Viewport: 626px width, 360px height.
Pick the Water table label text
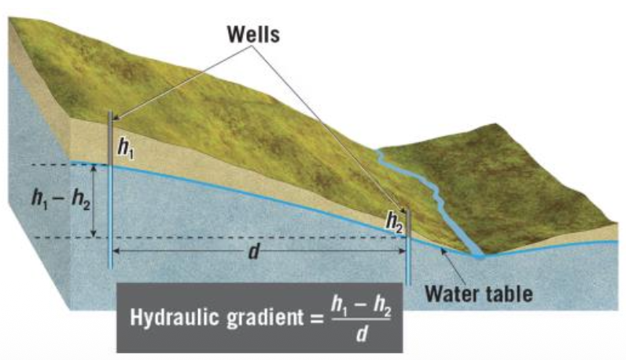pos(480,295)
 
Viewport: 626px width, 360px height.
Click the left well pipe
pos(109,189)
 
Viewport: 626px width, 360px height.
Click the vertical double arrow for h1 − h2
pos(94,200)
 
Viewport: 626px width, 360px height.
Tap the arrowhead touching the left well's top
pos(116,119)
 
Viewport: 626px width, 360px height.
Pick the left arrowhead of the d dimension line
pos(116,249)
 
